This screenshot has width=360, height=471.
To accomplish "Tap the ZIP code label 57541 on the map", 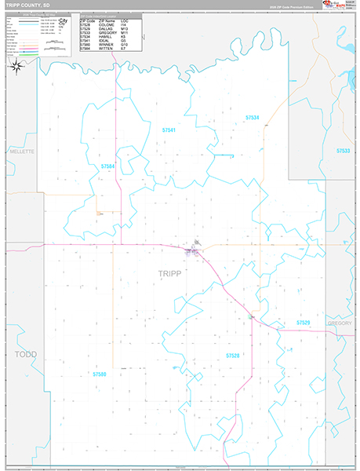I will click(x=169, y=129).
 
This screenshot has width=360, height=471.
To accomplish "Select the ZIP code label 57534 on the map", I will click(x=252, y=117).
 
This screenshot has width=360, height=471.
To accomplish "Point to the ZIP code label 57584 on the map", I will click(x=107, y=166).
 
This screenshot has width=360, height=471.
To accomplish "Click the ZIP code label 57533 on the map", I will click(x=342, y=150).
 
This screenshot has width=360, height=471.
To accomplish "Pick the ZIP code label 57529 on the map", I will click(x=304, y=323).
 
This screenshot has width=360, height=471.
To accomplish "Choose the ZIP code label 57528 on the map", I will click(x=233, y=356).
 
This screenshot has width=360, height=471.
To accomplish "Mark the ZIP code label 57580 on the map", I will click(x=100, y=374).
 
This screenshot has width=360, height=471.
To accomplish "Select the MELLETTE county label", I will click(x=18, y=149).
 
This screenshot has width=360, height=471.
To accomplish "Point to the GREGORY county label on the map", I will click(x=340, y=323).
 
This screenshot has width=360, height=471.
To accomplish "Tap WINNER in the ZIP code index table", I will click(x=106, y=45).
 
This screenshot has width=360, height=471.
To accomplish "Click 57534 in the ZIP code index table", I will click(x=85, y=36).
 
